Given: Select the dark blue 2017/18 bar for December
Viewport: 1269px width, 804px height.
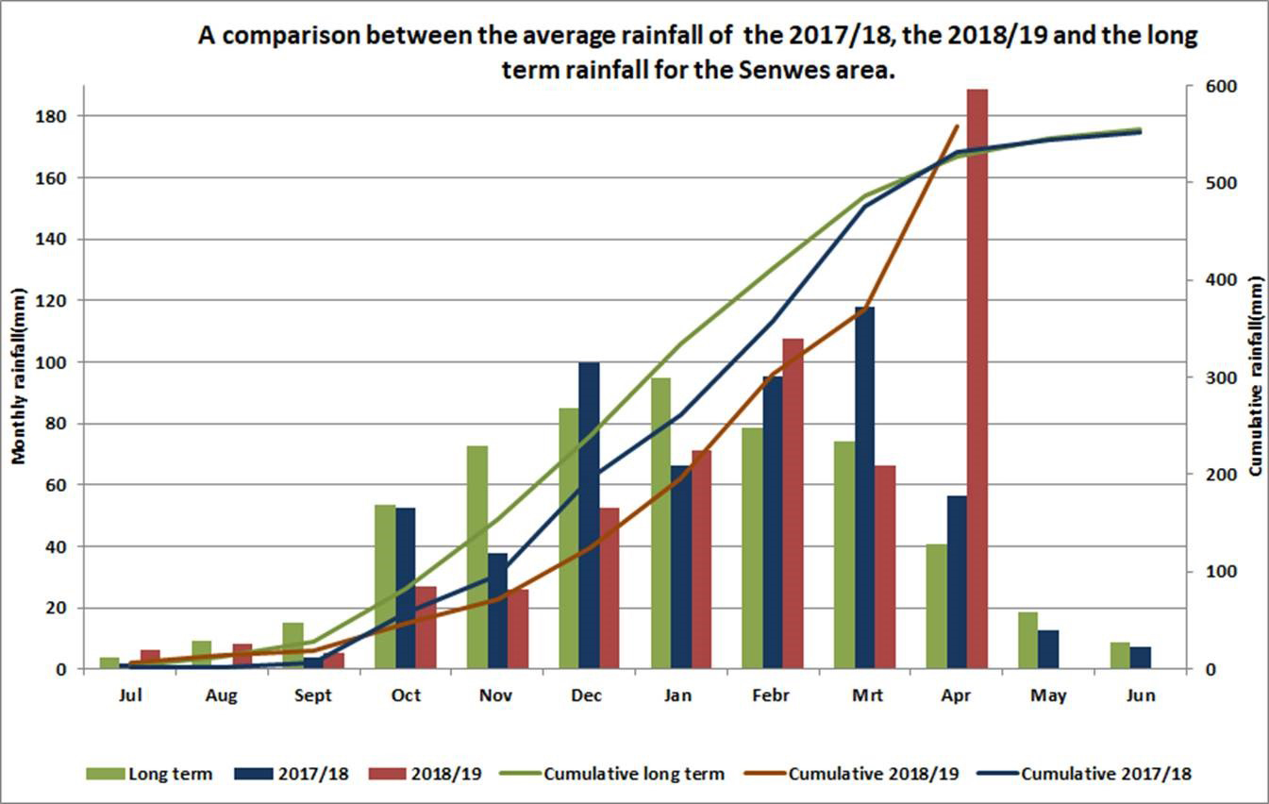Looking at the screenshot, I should point(589,515).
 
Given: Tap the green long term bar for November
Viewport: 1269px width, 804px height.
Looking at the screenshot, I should point(477,557).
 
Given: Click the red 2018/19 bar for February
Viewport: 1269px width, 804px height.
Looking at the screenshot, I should point(793,504).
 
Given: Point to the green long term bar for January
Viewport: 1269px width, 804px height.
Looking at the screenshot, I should point(660,524).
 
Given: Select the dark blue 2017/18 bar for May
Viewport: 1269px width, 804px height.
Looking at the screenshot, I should point(1048,649).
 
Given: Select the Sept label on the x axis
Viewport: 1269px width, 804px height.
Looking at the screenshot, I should point(313,696).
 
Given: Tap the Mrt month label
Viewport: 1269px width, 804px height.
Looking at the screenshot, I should point(867,696).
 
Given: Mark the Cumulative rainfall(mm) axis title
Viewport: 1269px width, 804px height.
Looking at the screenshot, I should point(1256,376).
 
